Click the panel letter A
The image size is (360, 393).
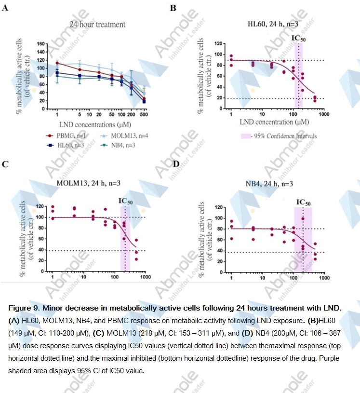coord(4,8)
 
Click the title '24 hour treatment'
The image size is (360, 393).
coord(97,24)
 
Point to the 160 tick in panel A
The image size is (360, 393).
coord(40,44)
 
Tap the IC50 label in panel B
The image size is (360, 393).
coord(299,38)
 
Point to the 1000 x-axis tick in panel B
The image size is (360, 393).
coord(323,115)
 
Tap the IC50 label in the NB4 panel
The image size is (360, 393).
coord(303,202)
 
